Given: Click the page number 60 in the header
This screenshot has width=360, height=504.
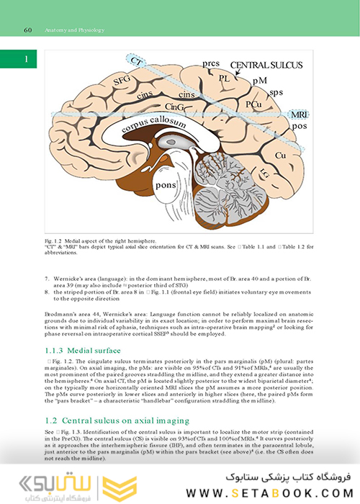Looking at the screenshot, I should tap(27, 31).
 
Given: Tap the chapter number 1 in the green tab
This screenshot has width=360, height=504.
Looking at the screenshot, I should tap(25, 58).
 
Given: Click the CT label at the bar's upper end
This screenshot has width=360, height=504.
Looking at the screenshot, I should tap(132, 63).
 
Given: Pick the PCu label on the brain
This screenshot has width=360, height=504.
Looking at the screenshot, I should tap(253, 105).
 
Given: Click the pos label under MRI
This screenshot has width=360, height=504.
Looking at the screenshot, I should tap(296, 127).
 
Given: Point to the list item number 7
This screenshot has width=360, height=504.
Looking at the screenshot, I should tap(47, 277).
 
